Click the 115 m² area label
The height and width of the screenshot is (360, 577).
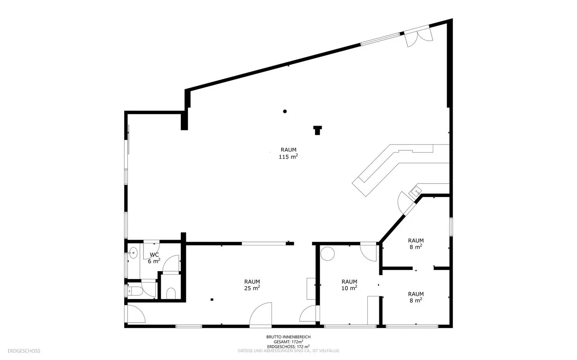coord(288,153)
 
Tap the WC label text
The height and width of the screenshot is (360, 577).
coord(154,255)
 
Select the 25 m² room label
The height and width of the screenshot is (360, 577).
coord(252,285)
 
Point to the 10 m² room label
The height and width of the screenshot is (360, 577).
coord(349,285)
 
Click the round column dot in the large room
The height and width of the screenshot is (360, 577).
coord(285,112)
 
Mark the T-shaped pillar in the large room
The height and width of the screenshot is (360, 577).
coord(318,130)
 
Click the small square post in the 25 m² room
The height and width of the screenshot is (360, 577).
coord(212,300)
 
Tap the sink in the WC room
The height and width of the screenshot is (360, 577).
coord(133,253)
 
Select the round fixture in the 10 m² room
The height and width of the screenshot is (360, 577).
coord(327,253)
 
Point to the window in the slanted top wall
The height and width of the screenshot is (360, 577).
coord(380,39)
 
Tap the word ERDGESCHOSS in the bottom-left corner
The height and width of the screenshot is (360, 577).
coord(24,351)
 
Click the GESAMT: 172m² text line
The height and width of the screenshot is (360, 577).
coord(288,342)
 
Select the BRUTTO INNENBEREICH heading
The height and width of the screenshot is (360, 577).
coord(288,337)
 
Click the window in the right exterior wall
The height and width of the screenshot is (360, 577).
coord(451,227)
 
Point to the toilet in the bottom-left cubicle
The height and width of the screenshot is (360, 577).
coord(135,291)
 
